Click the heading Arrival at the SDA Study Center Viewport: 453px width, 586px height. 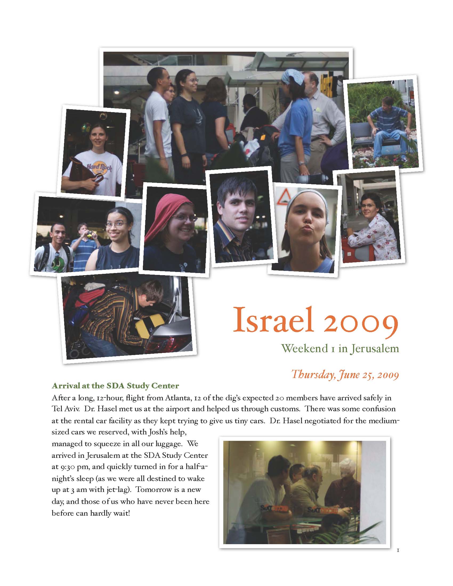pos(115,386)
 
